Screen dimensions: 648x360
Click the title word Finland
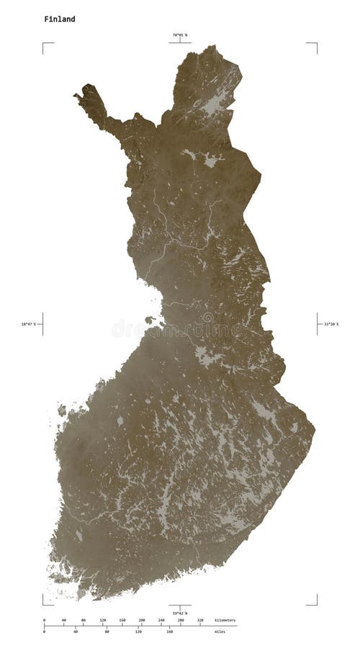59,19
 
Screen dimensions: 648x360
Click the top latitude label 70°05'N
179,35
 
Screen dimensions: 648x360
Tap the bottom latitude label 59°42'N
179,613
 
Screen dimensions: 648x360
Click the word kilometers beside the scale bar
225,620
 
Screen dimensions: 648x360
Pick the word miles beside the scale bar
220,631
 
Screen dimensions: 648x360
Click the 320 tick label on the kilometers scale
199,620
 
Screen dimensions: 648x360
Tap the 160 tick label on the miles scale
169,631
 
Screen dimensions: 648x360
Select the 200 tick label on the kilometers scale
141,620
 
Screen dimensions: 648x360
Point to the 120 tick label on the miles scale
138,631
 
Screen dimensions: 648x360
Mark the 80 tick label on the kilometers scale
83,620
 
